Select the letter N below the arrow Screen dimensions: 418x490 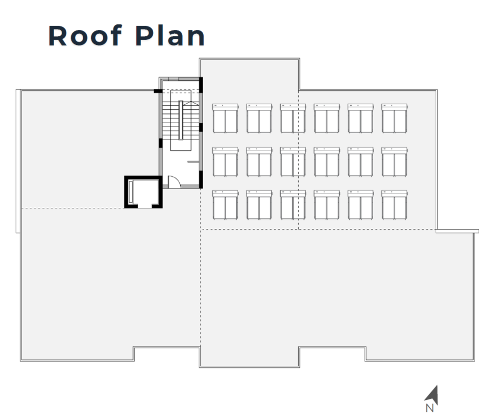click(x=430, y=409)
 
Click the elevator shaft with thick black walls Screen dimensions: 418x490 click(x=142, y=192)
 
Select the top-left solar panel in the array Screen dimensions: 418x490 click(x=225, y=119)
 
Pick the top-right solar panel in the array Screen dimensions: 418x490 click(x=394, y=119)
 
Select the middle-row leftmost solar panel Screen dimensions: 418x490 click(x=225, y=162)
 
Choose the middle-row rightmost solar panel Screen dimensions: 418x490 click(x=394, y=162)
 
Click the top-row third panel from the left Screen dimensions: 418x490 click(x=293, y=119)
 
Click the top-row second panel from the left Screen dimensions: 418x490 click(x=259, y=119)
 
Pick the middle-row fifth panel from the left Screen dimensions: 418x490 click(x=361, y=162)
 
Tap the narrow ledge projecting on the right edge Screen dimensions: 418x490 click(x=457, y=231)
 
